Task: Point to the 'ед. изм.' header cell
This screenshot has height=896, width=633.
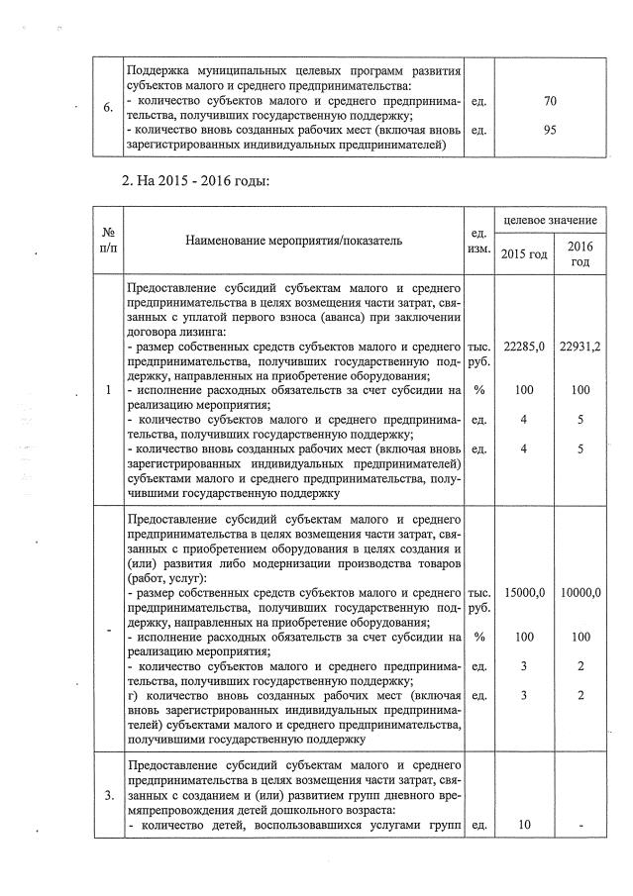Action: click(x=478, y=241)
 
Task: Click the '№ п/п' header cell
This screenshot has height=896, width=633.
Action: click(x=106, y=240)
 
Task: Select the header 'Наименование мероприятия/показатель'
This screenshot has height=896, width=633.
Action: click(x=294, y=240)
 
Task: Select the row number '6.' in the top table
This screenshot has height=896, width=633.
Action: click(x=106, y=107)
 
